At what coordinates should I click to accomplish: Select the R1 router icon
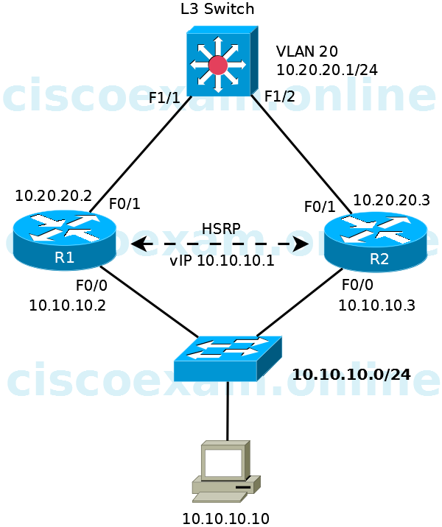(65, 238)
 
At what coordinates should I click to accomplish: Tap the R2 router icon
(376, 241)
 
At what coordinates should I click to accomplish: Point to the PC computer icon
(225, 471)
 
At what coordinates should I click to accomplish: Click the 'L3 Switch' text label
(217, 10)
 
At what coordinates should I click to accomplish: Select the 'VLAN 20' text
(307, 52)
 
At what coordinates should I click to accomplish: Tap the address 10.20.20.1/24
(327, 70)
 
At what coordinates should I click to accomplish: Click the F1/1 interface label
(164, 98)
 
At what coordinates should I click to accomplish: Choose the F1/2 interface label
(279, 96)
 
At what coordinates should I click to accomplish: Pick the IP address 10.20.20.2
(53, 197)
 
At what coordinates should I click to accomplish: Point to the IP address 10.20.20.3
(391, 200)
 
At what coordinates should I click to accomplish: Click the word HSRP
(221, 228)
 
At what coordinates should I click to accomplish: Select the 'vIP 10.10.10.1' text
(222, 261)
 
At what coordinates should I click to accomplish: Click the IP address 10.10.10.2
(67, 305)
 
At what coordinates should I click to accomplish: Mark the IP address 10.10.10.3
(376, 305)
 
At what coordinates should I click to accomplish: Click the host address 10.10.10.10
(225, 519)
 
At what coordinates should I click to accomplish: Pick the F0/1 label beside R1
(124, 204)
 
